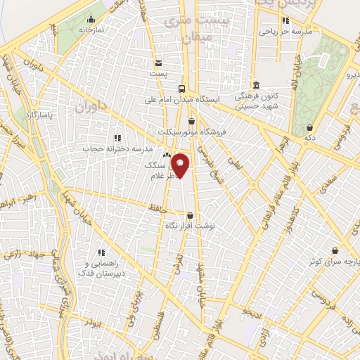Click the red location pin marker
[181, 165]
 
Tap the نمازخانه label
[91, 31]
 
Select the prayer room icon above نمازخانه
[91, 19]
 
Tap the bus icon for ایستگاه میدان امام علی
[182, 89]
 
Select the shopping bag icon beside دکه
[309, 128]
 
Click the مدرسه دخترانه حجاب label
[118, 149]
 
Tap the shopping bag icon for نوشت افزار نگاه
[188, 216]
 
